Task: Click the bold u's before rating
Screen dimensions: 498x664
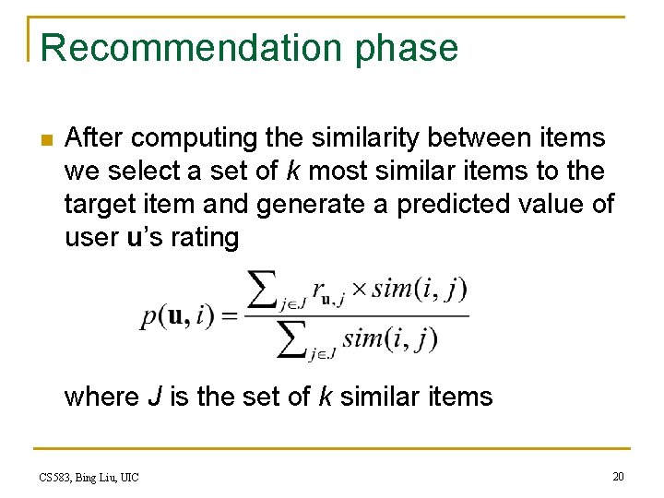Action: pos(136,238)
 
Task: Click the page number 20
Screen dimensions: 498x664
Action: pos(617,476)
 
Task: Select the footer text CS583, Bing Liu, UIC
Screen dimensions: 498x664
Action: pos(89,477)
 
